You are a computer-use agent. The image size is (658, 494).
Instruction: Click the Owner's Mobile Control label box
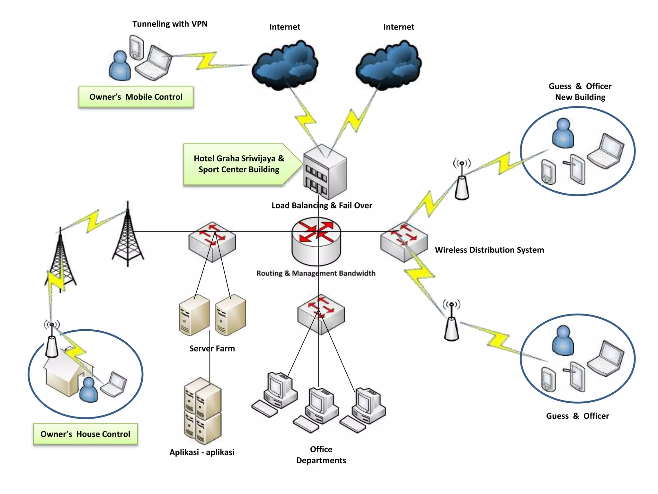[136, 97]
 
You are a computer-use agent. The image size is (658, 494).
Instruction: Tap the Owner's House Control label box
[85, 434]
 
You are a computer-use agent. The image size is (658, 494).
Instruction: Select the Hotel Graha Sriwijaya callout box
[239, 164]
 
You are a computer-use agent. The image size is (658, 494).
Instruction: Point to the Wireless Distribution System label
[489, 250]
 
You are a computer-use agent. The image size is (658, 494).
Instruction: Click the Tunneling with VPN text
[170, 24]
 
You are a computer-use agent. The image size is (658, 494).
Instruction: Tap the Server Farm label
[212, 349]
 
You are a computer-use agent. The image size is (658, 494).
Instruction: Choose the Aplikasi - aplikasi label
[202, 452]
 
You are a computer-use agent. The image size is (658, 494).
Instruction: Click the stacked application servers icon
[203, 411]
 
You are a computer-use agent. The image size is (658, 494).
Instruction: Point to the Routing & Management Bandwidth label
[316, 273]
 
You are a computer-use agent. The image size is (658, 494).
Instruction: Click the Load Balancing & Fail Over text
[322, 206]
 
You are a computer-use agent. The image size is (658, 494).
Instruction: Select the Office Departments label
[321, 455]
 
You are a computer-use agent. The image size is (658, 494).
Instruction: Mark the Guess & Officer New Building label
[580, 92]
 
